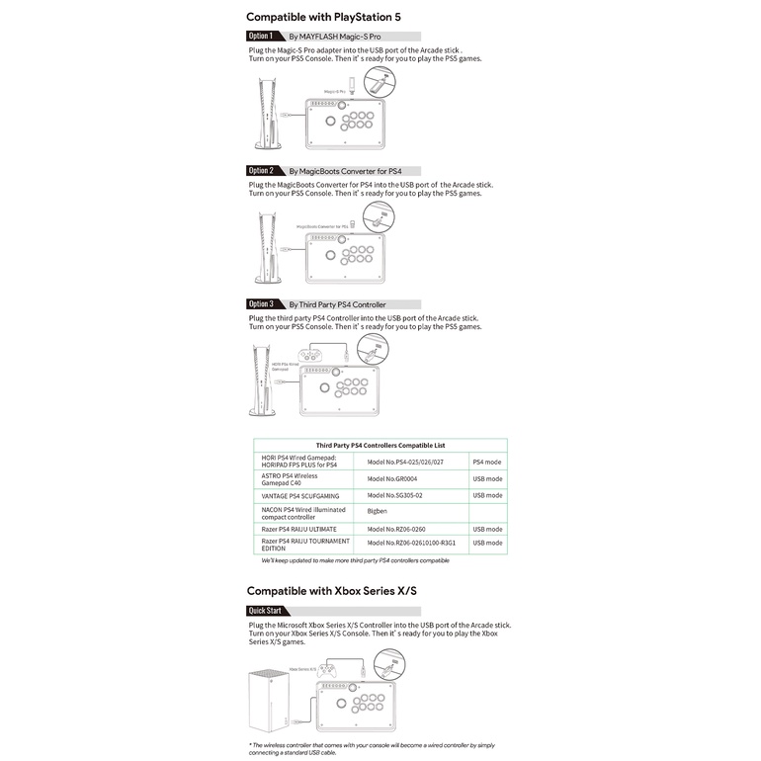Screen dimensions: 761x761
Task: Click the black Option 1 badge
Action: pyautogui.click(x=264, y=36)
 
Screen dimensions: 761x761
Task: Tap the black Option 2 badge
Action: pyautogui.click(x=264, y=170)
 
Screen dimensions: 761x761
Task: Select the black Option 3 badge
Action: pyautogui.click(x=264, y=304)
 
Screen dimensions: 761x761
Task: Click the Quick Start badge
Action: pyautogui.click(x=265, y=611)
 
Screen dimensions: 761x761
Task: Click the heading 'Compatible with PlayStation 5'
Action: pyautogui.click(x=323, y=17)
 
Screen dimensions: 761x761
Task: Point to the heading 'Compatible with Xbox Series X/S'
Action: pyautogui.click(x=332, y=591)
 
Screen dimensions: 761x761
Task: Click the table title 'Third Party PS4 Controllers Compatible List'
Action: pyautogui.click(x=380, y=446)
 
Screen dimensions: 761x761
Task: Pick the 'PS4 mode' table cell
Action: pyautogui.click(x=487, y=462)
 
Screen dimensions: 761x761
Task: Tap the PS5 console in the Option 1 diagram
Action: pyautogui.click(x=268, y=115)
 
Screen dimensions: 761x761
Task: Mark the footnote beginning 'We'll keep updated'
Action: pyautogui.click(x=355, y=560)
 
